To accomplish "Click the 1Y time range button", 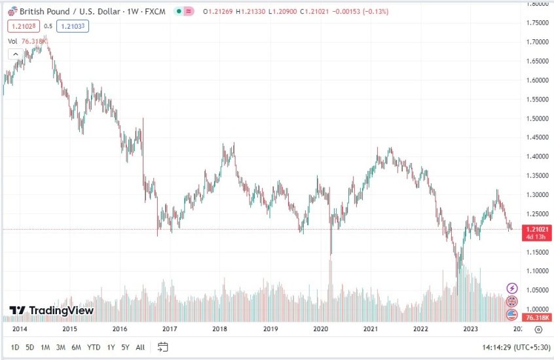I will tap(111, 347).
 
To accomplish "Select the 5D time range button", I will tap(29, 347).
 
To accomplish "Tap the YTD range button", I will tap(93, 347).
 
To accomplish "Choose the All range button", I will tap(140, 347).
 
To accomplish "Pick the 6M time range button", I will tap(76, 347).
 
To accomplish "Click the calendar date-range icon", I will tap(163, 347).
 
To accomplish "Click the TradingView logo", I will tap(51, 310).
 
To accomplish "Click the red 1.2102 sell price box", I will tap(22, 26).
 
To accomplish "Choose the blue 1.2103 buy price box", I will tap(72, 26).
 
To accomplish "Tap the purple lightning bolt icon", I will tap(512, 288).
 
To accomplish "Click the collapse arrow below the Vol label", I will tap(15, 54).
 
